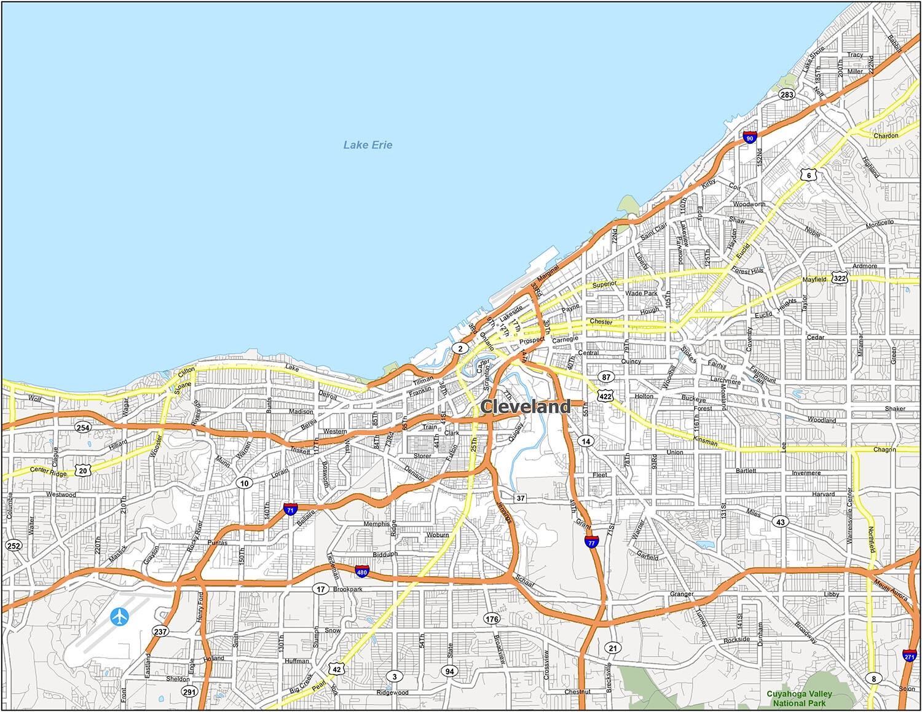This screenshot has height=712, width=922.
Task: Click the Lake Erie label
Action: coord(368,145)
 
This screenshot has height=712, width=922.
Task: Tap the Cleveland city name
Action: coord(526,407)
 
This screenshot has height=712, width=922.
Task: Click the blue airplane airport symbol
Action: coord(120,616)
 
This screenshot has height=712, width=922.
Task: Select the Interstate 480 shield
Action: coord(362,572)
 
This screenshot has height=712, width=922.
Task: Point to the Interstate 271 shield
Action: coord(910,655)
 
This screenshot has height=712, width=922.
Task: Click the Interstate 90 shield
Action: coord(749,138)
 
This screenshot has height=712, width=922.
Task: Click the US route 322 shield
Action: coord(840,278)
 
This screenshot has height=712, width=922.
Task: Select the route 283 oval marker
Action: coord(787,95)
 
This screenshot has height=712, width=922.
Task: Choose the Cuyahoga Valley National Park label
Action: coord(799,698)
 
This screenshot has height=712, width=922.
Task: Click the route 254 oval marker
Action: coord(82,428)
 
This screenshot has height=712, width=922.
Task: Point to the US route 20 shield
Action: coord(83,471)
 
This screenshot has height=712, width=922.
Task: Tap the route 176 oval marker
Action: coord(492,619)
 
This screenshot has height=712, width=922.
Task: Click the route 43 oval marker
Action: coord(781,522)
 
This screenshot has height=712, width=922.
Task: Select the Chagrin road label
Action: coord(885,450)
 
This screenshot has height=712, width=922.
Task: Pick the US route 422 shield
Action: coord(605,396)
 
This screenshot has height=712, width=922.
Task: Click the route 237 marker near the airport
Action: coord(160,632)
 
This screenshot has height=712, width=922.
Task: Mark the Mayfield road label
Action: coord(814,280)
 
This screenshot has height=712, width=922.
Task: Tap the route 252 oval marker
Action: coord(14,546)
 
